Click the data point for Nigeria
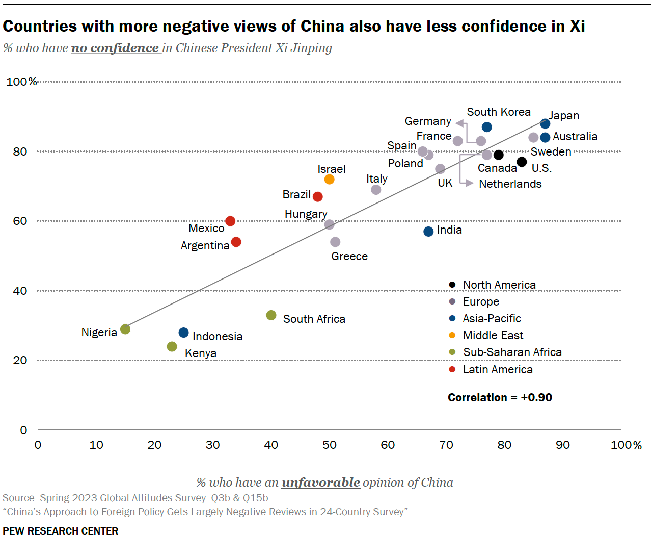pyautogui.click(x=125, y=329)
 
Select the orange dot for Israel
pyautogui.click(x=329, y=180)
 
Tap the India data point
pyautogui.click(x=428, y=232)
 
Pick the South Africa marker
pyautogui.click(x=271, y=315)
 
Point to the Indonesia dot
pyautogui.click(x=184, y=333)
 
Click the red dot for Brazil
pyautogui.click(x=318, y=196)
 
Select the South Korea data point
pyautogui.click(x=486, y=127)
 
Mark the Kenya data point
pyautogui.click(x=172, y=347)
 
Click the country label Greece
pyautogui.click(x=349, y=256)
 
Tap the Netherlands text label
pyautogui.click(x=510, y=184)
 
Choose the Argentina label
pyautogui.click(x=205, y=245)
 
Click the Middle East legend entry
pyautogui.click(x=493, y=335)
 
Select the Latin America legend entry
pyautogui.click(x=497, y=369)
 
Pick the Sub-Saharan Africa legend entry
pyautogui.click(x=512, y=352)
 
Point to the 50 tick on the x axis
pyautogui.click(x=330, y=445)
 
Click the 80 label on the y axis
pyautogui.click(x=20, y=151)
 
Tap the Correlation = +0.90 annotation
pyautogui.click(x=500, y=397)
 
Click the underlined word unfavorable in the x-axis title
pyautogui.click(x=320, y=482)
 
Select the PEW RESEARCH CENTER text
pyautogui.click(x=60, y=531)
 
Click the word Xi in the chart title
pyautogui.click(x=577, y=26)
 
